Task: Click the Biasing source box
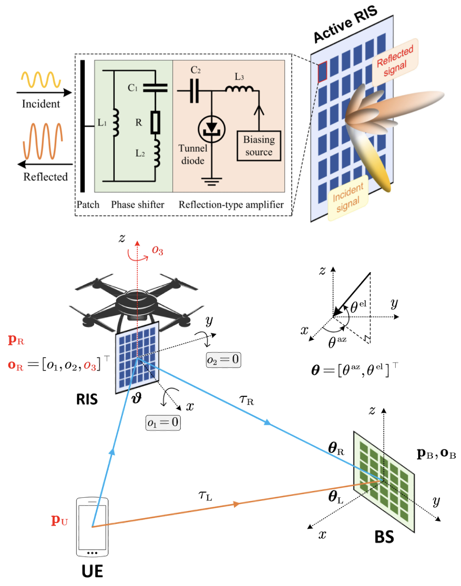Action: (259, 146)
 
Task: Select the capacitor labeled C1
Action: (155, 88)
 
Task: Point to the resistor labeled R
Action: (155, 122)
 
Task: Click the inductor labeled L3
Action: (239, 89)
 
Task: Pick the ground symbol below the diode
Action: (211, 182)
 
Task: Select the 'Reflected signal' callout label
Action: (395, 61)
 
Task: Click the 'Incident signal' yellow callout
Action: (348, 198)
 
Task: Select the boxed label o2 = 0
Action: (223, 360)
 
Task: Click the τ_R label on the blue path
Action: (247, 400)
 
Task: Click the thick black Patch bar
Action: (82, 126)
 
